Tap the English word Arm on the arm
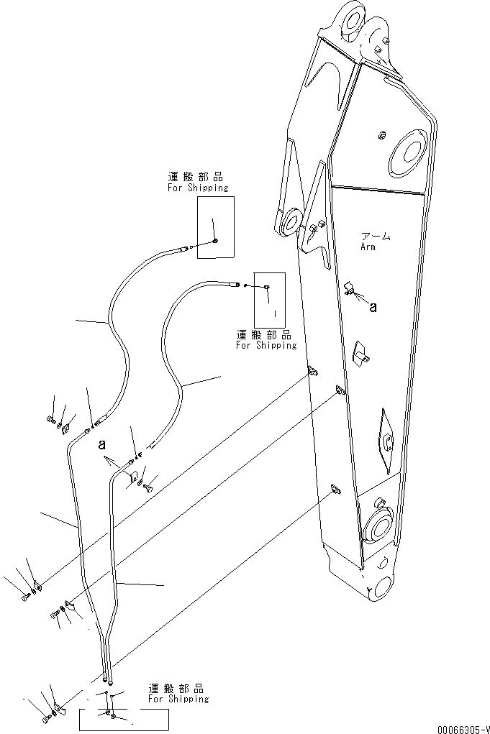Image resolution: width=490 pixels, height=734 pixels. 368,247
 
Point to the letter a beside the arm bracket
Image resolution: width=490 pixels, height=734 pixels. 373,307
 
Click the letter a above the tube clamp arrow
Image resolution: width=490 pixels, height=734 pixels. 102,445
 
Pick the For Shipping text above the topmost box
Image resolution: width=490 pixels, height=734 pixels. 198,188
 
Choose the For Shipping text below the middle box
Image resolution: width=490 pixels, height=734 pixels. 266,345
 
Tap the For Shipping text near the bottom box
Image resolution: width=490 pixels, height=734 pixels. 178,698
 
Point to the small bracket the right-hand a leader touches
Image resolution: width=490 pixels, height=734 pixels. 350,289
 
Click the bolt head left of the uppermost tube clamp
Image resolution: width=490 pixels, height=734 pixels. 50,418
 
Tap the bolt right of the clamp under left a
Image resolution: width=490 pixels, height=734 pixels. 148,487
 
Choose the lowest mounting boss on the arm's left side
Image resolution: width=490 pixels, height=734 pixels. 335,489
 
